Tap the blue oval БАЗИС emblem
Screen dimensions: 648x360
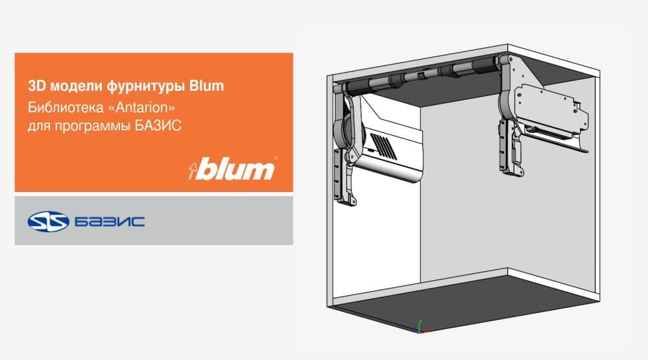(x=49, y=221)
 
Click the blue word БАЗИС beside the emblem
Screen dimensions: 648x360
(x=110, y=222)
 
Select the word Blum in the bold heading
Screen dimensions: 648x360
(x=206, y=86)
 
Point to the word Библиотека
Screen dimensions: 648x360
(x=66, y=108)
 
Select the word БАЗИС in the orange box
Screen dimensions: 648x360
(x=158, y=125)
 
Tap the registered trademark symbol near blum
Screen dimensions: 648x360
(x=276, y=158)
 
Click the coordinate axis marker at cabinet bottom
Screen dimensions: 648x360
(x=420, y=327)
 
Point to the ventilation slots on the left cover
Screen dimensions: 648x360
(x=383, y=146)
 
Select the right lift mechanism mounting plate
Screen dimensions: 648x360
(x=549, y=108)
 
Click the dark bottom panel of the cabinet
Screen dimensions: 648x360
(x=463, y=302)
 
